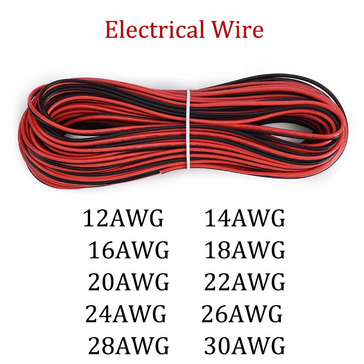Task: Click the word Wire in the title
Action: [x=237, y=30]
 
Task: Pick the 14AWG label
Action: [x=245, y=218]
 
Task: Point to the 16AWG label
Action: [x=129, y=251]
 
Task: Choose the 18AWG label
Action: [x=245, y=251]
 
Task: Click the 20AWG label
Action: [x=129, y=282]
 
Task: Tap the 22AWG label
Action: [x=245, y=282]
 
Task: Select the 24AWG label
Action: [x=126, y=314]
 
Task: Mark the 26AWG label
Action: [x=242, y=314]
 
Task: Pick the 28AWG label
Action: [x=129, y=346]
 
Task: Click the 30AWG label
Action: [x=245, y=346]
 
